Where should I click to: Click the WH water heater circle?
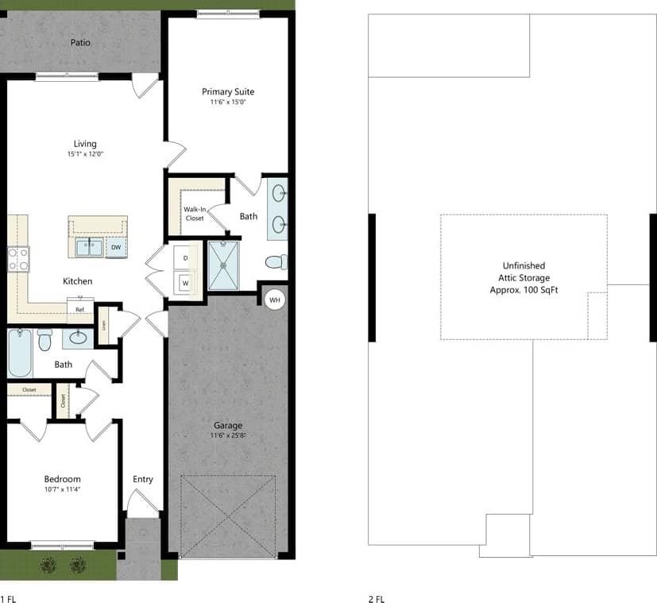pos(275,300)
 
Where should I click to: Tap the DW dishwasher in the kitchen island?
pos(116,247)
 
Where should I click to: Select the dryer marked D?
pos(186,258)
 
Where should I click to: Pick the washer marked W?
pos(186,282)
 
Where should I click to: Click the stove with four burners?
pos(18,258)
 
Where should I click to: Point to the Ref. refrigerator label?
pos(80,308)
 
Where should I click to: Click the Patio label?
pos(79,42)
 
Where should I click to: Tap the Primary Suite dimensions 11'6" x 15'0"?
pos(228,102)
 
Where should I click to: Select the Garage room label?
pos(227,425)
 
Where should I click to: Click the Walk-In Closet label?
pos(195,213)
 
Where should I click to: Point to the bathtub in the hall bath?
pos(19,354)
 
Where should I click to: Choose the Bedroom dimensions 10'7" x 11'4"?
pos(62,490)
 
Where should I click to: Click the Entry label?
pos(143,479)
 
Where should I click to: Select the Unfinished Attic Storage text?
pos(524,277)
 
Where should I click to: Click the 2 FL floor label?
pos(377,598)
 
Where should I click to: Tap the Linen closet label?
pos(103,326)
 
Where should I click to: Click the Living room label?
pos(85,144)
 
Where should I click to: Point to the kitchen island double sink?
pos(89,247)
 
